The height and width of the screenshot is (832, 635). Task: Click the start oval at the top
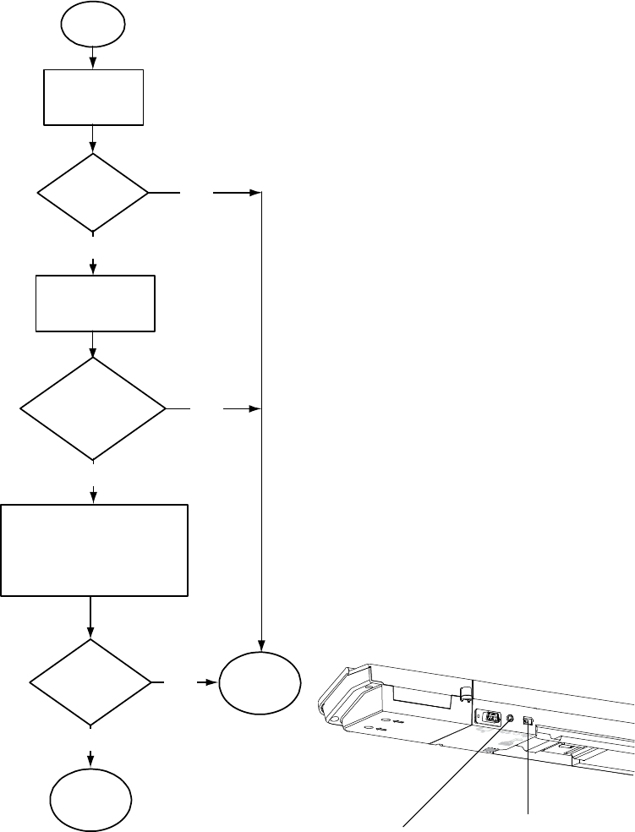click(93, 25)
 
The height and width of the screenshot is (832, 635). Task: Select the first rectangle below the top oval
click(93, 97)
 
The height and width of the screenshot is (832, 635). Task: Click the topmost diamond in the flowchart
click(93, 193)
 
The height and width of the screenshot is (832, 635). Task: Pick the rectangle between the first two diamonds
click(93, 303)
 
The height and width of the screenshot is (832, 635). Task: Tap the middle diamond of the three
click(93, 409)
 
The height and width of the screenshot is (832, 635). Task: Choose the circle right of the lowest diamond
click(260, 681)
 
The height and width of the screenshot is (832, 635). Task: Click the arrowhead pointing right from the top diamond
click(253, 193)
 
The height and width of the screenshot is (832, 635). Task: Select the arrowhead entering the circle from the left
click(213, 681)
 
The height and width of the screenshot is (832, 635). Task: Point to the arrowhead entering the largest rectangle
click(93, 496)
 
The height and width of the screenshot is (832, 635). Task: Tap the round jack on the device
click(511, 719)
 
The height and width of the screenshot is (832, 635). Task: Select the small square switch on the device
click(528, 721)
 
